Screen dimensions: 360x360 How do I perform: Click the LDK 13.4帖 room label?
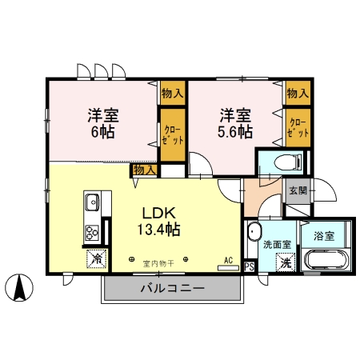pos(161,222)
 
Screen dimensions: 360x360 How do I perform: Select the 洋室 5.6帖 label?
pos(232,122)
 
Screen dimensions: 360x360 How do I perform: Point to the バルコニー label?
pos(173,288)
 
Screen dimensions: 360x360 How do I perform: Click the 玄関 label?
pos(298,190)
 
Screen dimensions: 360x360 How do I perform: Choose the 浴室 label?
pos(323,237)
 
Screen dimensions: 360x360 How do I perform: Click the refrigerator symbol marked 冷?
pos(96,258)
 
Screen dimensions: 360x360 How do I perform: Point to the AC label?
pos(228,260)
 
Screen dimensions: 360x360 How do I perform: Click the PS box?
pos(249,267)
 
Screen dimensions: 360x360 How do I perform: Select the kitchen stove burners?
pos(91,234)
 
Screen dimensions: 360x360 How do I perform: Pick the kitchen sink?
pos(90,201)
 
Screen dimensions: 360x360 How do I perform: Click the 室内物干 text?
pos(158,262)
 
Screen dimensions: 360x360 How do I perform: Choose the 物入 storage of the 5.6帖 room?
pos(297,93)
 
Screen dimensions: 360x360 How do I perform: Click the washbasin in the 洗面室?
pos(254,235)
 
